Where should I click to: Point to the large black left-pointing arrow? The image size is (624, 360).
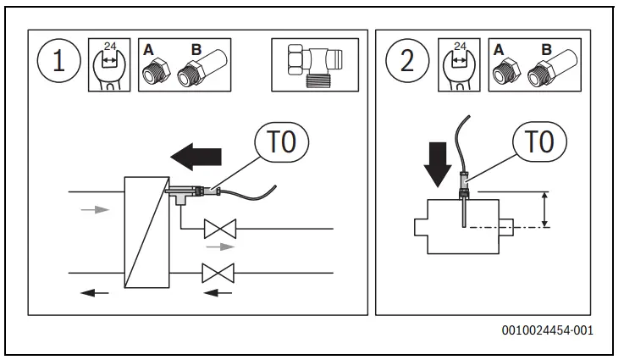tap(196, 156)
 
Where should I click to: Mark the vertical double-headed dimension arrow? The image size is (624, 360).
tap(545, 209)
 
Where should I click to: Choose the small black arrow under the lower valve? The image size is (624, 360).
tap(218, 292)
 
